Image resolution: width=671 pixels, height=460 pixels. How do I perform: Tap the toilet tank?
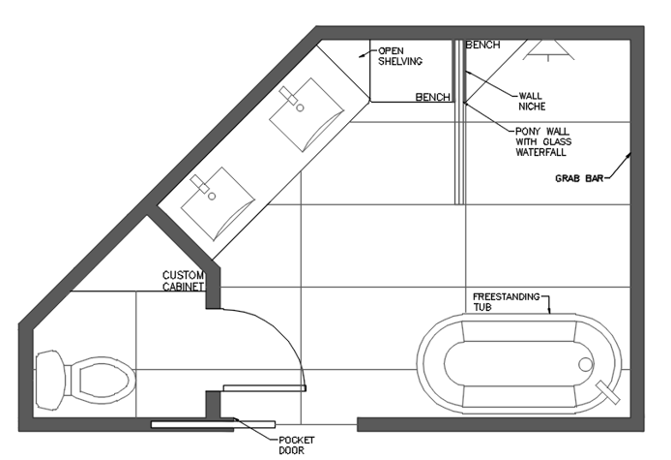pyautogui.click(x=50, y=380)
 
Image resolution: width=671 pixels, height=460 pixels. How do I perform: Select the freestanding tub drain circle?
pyautogui.click(x=586, y=364)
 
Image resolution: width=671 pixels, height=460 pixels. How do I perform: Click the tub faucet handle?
pyautogui.click(x=608, y=392)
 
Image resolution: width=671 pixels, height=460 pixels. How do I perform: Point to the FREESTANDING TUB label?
pyautogui.click(x=507, y=302)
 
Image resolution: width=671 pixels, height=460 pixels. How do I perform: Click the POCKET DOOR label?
pyautogui.click(x=297, y=445)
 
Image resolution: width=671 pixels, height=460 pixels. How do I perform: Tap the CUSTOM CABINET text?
pyautogui.click(x=183, y=281)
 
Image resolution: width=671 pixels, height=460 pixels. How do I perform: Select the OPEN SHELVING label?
pyautogui.click(x=400, y=56)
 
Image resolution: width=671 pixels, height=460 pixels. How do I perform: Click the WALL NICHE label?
pyautogui.click(x=532, y=101)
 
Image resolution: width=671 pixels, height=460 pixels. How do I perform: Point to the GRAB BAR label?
pyautogui.click(x=579, y=178)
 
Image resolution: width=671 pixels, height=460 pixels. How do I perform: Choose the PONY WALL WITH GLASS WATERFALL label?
pyautogui.click(x=543, y=142)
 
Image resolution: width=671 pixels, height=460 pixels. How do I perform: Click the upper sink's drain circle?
pyautogui.click(x=300, y=107)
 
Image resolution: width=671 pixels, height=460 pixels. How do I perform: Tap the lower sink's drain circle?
pyautogui.click(x=212, y=197)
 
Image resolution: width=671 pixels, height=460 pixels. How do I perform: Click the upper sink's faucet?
pyautogui.click(x=288, y=96)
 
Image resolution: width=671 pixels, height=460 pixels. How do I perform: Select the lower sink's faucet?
pyautogui.click(x=200, y=184)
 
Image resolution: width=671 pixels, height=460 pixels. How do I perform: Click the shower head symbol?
pyautogui.click(x=548, y=50)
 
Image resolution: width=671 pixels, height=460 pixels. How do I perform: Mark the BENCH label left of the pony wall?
pyautogui.click(x=432, y=97)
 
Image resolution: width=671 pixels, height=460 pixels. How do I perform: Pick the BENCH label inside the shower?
pyautogui.click(x=482, y=45)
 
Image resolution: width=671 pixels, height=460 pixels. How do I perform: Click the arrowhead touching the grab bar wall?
pyautogui.click(x=628, y=155)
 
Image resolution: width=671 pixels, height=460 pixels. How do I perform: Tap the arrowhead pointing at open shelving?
pyautogui.click(x=362, y=55)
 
